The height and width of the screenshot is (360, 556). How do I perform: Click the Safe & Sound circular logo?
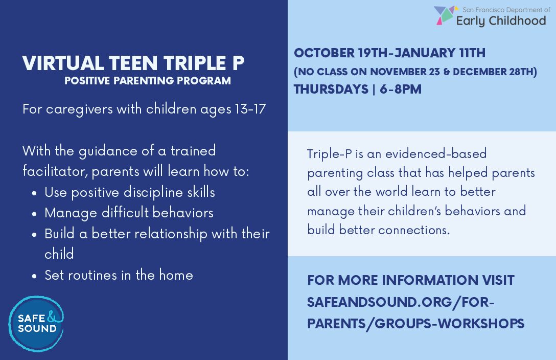(36, 324)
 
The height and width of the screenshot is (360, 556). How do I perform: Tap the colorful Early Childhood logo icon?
(445, 15)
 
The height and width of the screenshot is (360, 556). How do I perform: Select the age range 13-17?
(250, 109)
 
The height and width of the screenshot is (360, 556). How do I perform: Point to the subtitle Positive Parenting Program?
(148, 80)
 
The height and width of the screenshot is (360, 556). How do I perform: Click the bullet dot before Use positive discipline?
(34, 194)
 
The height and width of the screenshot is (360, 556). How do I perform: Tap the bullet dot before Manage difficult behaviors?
(34, 214)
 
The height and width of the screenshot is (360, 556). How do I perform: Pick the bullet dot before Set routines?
(34, 276)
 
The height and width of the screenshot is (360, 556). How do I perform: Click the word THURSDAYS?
(331, 89)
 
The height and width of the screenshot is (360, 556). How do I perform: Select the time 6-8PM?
(401, 89)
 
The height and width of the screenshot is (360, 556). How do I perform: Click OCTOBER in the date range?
(324, 53)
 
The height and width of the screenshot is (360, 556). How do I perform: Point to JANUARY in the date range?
(425, 53)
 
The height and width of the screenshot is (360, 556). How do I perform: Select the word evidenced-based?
(436, 153)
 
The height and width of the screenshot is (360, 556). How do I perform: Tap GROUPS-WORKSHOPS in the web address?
(449, 324)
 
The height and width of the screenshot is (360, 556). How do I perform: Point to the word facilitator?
(55, 171)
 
